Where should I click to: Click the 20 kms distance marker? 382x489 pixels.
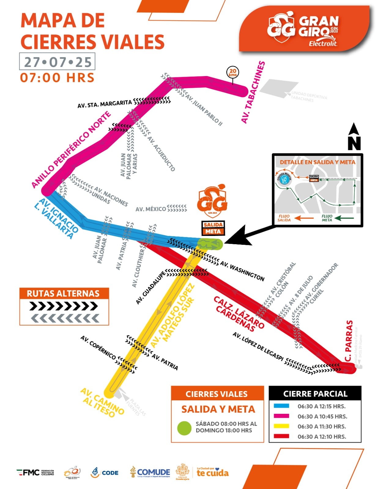[233, 73]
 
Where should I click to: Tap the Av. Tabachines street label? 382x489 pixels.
[253, 92]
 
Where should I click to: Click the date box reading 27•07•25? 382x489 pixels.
[57, 62]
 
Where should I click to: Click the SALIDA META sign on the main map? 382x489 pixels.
[213, 228]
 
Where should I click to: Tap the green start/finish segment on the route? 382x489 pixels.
[210, 244]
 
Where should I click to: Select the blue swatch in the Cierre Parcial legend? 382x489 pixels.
[281, 406]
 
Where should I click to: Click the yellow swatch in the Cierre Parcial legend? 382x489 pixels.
[281, 426]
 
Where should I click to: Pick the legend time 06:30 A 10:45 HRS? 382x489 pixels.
[322, 416]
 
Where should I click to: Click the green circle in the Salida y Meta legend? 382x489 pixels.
[184, 428]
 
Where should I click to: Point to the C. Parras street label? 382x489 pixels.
[349, 341]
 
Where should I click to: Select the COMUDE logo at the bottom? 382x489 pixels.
[150, 472]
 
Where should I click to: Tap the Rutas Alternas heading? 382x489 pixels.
[63, 293]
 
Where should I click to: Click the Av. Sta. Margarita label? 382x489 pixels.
[104, 104]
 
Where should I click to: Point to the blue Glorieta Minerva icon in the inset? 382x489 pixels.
[285, 179]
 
